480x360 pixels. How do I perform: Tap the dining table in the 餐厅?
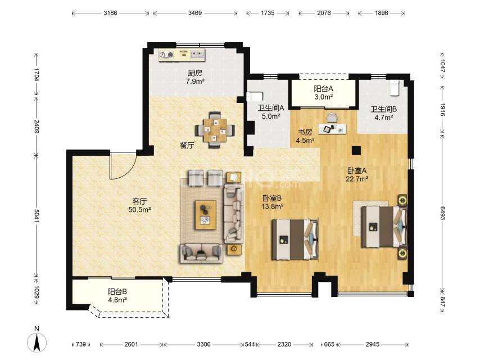(x=215, y=130)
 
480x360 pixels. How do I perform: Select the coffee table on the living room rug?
(x=205, y=215)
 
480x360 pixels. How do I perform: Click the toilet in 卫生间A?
(x=255, y=97)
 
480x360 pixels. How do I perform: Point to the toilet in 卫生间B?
(x=395, y=88)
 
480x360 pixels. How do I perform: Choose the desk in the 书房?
(x=332, y=129)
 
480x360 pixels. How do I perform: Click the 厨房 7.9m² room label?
(x=195, y=77)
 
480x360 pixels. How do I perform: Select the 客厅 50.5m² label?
(x=139, y=205)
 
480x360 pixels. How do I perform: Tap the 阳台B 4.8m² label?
(x=117, y=296)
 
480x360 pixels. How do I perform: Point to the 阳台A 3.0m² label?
(x=324, y=92)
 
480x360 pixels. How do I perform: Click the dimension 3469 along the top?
(x=195, y=13)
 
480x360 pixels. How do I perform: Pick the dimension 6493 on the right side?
(x=442, y=213)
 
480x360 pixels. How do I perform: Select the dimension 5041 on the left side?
(x=37, y=215)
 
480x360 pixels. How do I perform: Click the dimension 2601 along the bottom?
(x=131, y=344)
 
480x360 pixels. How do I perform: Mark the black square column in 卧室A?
(x=356, y=150)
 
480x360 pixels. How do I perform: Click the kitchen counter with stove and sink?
(x=182, y=55)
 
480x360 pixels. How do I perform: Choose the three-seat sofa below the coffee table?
(x=201, y=253)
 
